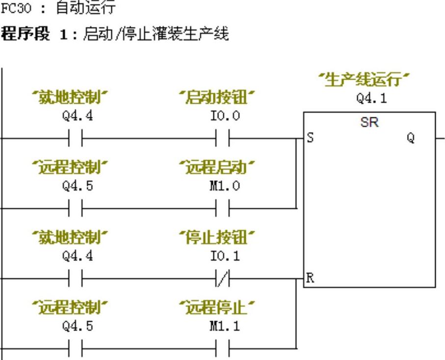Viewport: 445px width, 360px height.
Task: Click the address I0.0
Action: [x=225, y=116]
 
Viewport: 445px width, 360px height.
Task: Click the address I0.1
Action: [x=225, y=256]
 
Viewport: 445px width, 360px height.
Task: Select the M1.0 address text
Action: [x=225, y=186]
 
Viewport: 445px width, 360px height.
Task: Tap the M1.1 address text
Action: [x=225, y=326]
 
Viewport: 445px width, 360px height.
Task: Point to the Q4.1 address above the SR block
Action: [x=371, y=98]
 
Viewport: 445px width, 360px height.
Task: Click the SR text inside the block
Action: [x=369, y=122]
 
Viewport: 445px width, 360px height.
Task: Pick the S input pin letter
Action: [x=310, y=138]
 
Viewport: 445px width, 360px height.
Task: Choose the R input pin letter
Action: [x=310, y=278]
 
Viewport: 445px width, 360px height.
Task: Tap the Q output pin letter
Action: [x=410, y=138]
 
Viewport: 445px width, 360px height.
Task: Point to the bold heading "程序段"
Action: [x=25, y=34]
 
